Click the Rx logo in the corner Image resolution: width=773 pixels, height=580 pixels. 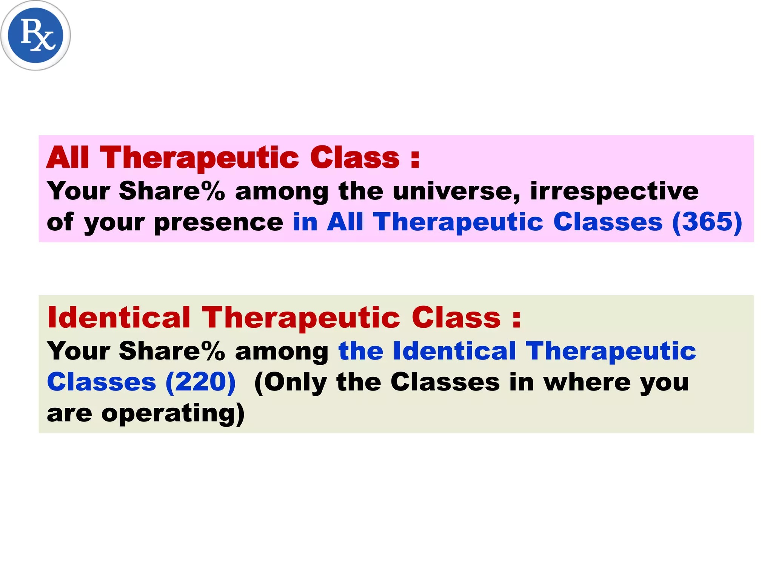[35, 35]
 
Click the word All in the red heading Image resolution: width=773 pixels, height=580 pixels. [68, 157]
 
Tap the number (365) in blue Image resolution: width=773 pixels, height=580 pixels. [707, 222]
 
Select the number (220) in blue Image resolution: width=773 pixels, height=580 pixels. [200, 382]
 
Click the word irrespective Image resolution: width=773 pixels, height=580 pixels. [614, 191]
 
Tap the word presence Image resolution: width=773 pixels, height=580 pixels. [219, 223]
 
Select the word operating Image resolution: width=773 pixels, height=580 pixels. [173, 414]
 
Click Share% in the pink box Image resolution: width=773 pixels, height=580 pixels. [172, 191]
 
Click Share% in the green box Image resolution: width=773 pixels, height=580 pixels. [172, 351]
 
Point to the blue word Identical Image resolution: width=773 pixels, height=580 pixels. [454, 351]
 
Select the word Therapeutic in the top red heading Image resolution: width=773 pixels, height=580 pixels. [199, 158]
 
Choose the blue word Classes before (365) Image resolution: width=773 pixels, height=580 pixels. [608, 222]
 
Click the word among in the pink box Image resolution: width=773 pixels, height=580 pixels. [282, 191]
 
